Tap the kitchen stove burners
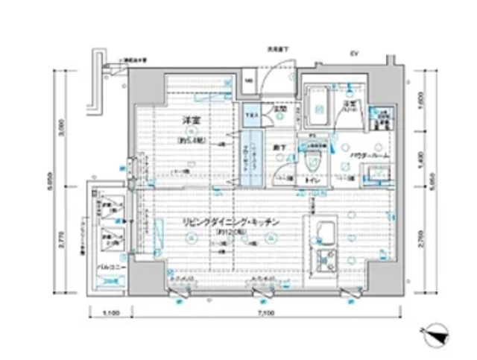point(325,260)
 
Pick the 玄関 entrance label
point(279,110)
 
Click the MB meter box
point(250,81)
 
